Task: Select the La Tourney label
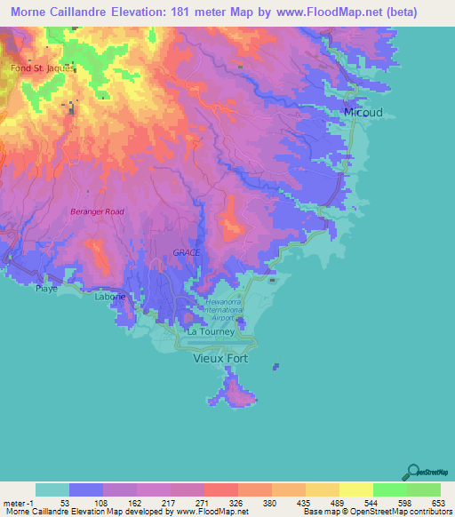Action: pos(211,332)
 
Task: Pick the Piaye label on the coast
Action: pos(46,289)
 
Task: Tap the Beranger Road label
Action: pos(97,211)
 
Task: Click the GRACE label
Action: pos(186,253)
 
